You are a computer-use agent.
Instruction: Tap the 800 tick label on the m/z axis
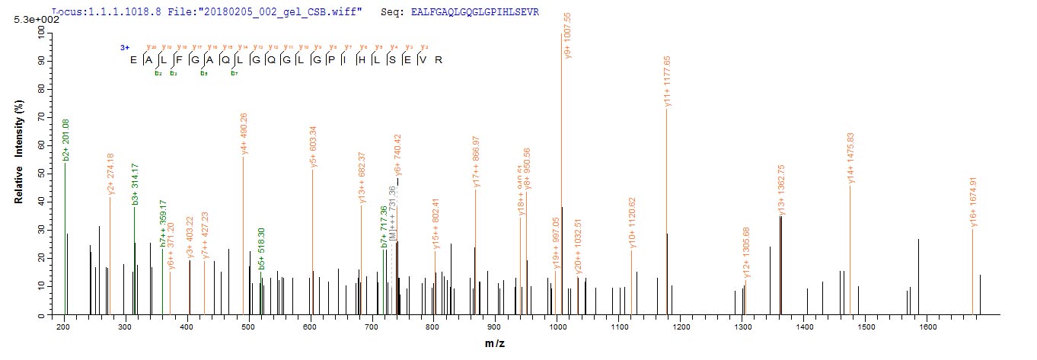[433, 327]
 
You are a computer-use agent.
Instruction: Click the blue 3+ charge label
[123, 47]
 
